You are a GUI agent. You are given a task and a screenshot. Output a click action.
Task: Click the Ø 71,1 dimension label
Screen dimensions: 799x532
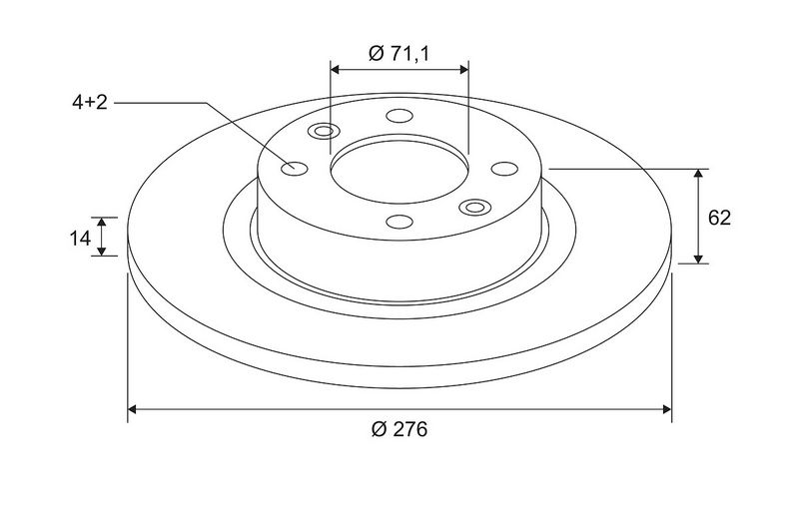click(399, 53)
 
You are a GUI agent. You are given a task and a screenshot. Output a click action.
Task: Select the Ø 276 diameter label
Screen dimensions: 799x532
click(399, 429)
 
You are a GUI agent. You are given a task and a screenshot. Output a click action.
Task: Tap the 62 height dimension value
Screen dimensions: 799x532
click(719, 218)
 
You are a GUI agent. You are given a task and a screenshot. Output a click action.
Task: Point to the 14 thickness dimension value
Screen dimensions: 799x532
click(80, 238)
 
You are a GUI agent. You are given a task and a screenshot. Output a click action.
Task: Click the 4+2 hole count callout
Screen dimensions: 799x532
click(90, 103)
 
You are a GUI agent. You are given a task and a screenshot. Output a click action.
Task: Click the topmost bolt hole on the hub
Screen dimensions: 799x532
click(399, 116)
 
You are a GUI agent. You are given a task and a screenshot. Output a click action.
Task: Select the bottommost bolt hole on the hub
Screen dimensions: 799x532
click(399, 222)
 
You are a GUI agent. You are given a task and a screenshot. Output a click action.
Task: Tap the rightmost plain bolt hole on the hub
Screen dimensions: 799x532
click(504, 169)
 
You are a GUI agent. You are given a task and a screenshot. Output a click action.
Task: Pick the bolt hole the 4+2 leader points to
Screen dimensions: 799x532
click(295, 169)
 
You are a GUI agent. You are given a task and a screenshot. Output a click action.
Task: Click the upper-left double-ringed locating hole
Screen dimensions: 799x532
click(324, 132)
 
